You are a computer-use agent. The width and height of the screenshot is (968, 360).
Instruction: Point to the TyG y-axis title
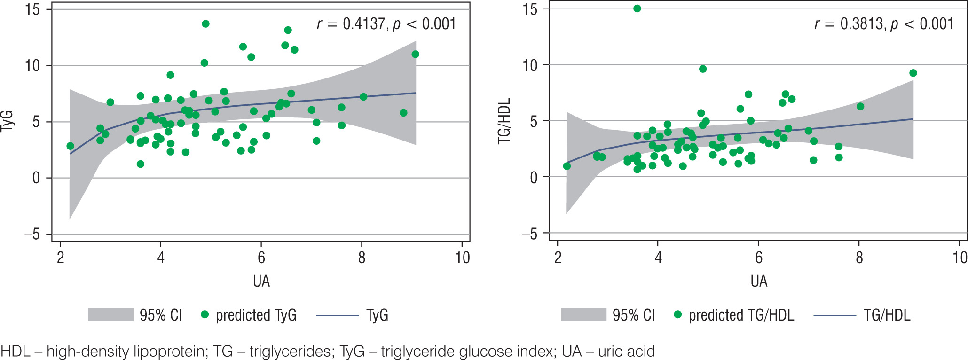click(x=8, y=121)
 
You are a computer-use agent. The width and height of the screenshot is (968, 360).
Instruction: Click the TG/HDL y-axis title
click(x=504, y=121)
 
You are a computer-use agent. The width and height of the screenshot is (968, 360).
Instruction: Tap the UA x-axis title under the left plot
click(x=261, y=281)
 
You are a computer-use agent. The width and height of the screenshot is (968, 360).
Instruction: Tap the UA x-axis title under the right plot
click(x=759, y=281)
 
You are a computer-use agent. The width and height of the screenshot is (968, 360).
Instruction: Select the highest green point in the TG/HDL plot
click(x=637, y=8)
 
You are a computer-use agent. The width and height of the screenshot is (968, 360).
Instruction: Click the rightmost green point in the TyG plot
click(x=415, y=55)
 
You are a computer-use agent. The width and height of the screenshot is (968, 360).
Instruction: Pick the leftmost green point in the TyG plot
click(x=70, y=146)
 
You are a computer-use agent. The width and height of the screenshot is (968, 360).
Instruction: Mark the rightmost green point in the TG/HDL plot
click(x=913, y=73)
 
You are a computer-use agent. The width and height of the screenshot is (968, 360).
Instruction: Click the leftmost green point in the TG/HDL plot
click(x=567, y=166)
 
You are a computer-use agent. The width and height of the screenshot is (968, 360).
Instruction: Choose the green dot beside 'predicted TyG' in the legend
click(x=205, y=314)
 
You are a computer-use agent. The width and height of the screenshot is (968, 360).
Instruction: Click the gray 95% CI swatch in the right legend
click(x=583, y=315)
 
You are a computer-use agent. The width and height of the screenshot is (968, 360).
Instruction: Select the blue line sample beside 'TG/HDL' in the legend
click(x=834, y=315)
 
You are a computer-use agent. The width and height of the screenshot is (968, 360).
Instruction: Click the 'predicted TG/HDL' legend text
click(x=741, y=315)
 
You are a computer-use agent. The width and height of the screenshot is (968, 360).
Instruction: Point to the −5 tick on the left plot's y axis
click(x=32, y=234)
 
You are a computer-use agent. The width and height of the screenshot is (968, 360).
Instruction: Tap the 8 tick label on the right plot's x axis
click(x=859, y=258)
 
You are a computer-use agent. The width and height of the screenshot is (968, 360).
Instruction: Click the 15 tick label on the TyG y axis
click(x=32, y=9)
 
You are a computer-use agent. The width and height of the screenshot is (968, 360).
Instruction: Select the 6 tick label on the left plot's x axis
click(x=261, y=258)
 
